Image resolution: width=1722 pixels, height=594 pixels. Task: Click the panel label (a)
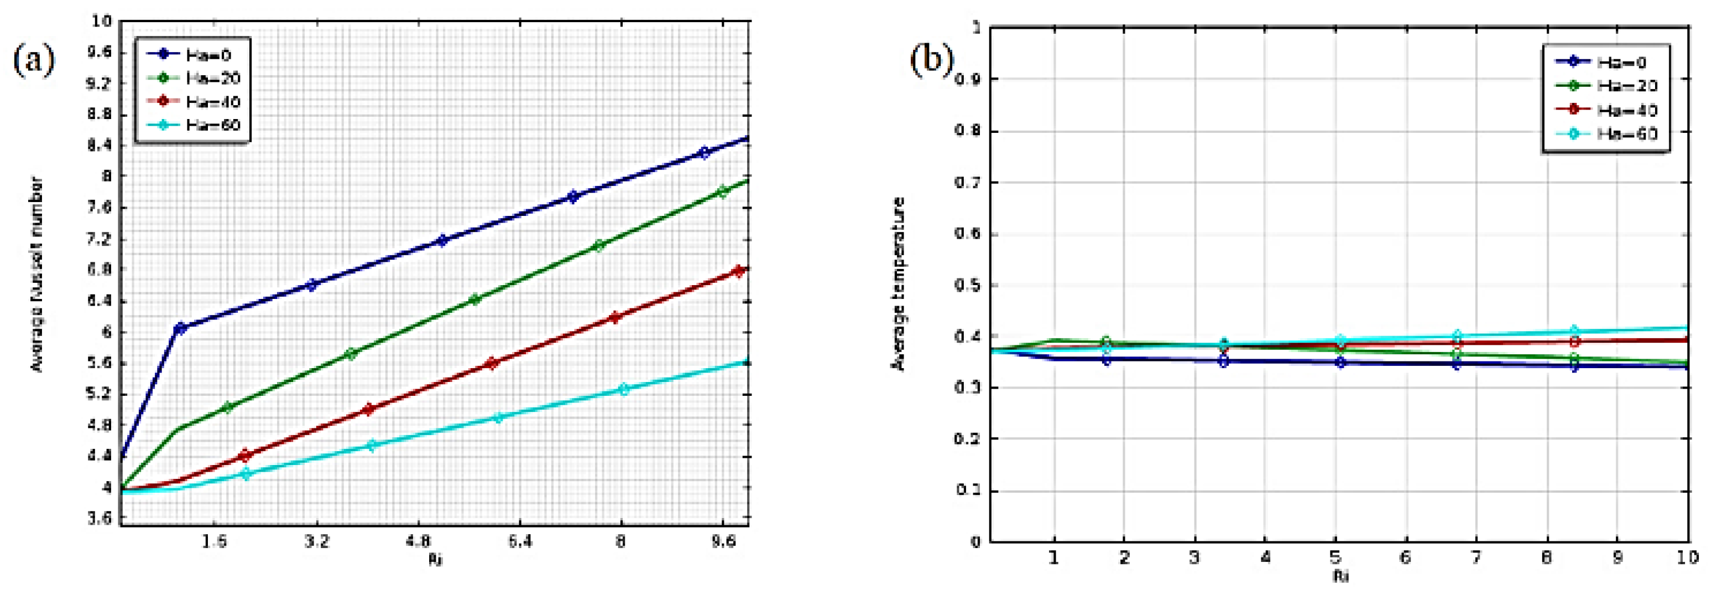(33, 60)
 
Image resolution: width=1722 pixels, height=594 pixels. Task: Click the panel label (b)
(931, 60)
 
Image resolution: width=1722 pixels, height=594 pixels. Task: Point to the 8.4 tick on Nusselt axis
(100, 145)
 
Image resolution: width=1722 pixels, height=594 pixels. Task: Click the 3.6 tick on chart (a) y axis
(100, 518)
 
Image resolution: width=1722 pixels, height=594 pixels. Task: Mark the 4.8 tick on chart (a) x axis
(419, 540)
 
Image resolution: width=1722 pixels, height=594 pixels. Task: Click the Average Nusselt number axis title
(38, 274)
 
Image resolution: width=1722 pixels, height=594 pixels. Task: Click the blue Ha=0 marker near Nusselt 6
(180, 328)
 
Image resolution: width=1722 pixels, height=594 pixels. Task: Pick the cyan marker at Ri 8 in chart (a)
(624, 389)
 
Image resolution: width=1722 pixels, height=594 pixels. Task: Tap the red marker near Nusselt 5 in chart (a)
(368, 409)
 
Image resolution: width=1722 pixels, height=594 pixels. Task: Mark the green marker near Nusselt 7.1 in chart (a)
(599, 245)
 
